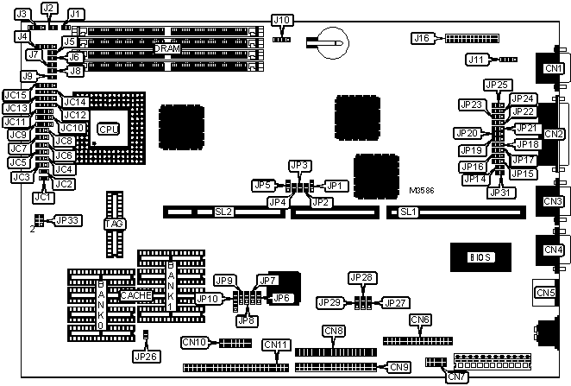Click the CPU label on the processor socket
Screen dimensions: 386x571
coord(108,130)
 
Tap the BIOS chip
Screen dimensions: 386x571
coord(480,257)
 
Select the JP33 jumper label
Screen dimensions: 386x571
coord(68,220)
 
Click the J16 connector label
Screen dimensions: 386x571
coord(422,38)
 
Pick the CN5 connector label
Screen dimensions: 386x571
coord(546,293)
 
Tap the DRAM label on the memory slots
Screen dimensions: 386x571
coord(167,49)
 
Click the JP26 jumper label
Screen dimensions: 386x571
coord(146,355)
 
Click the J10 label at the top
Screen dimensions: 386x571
coord(281,19)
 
